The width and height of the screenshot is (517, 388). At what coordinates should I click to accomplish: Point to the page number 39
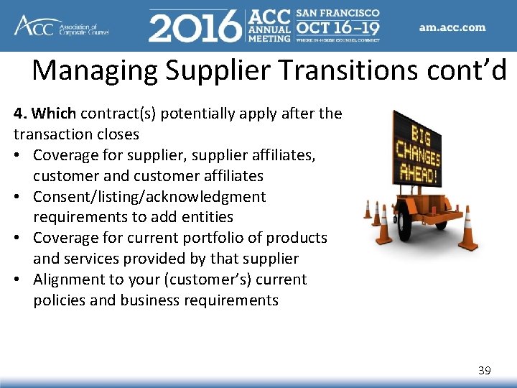(485, 371)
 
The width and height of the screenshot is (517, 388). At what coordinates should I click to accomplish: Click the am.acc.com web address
(452, 28)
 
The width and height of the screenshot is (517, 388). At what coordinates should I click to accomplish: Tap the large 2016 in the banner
(194, 27)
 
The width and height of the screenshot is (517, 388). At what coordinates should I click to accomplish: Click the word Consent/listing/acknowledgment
(149, 197)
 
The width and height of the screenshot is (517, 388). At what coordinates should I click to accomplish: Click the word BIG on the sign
(419, 133)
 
